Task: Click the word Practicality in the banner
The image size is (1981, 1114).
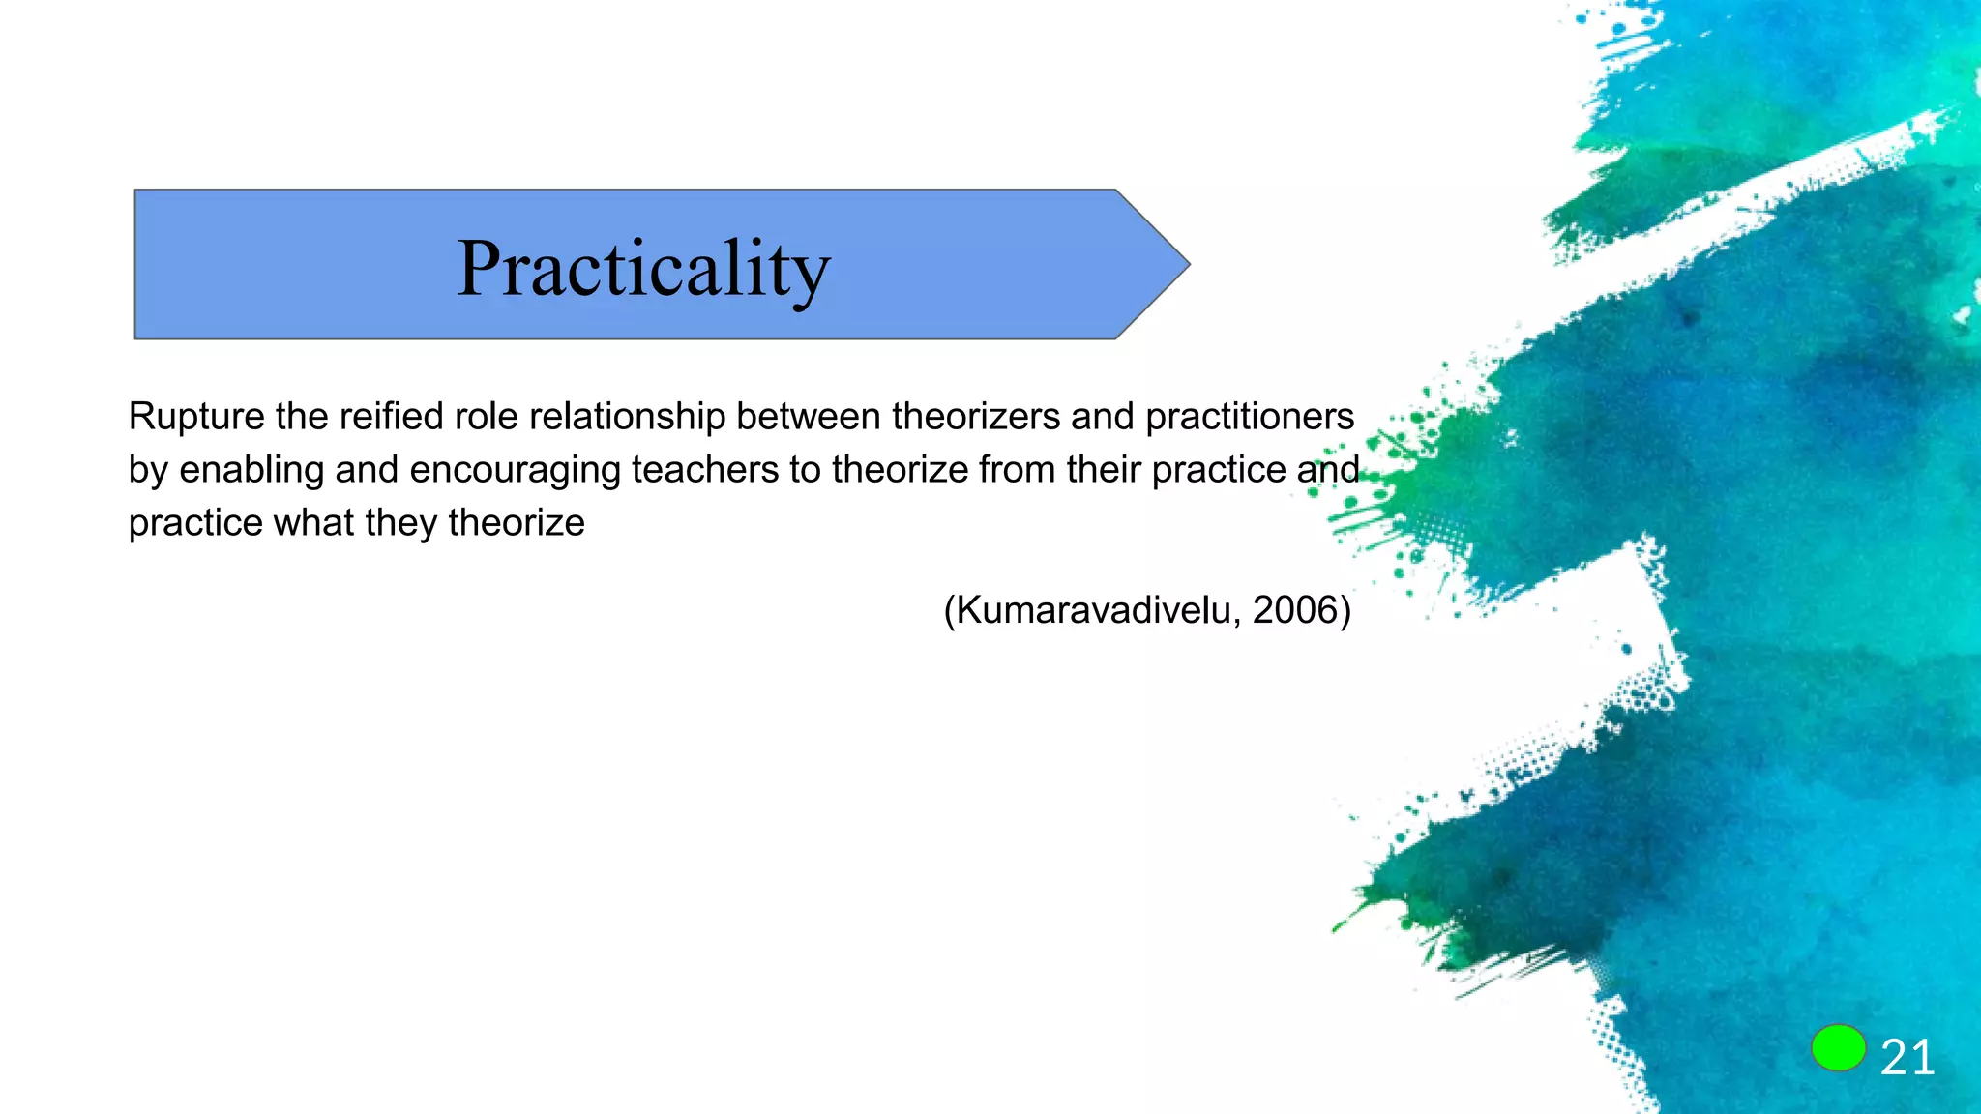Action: click(x=643, y=268)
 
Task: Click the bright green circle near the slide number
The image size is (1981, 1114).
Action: click(x=1838, y=1048)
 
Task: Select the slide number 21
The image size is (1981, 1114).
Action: click(x=1907, y=1057)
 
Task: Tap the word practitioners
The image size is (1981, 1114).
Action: click(x=1250, y=417)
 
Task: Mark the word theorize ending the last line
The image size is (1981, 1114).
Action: click(x=517, y=523)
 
